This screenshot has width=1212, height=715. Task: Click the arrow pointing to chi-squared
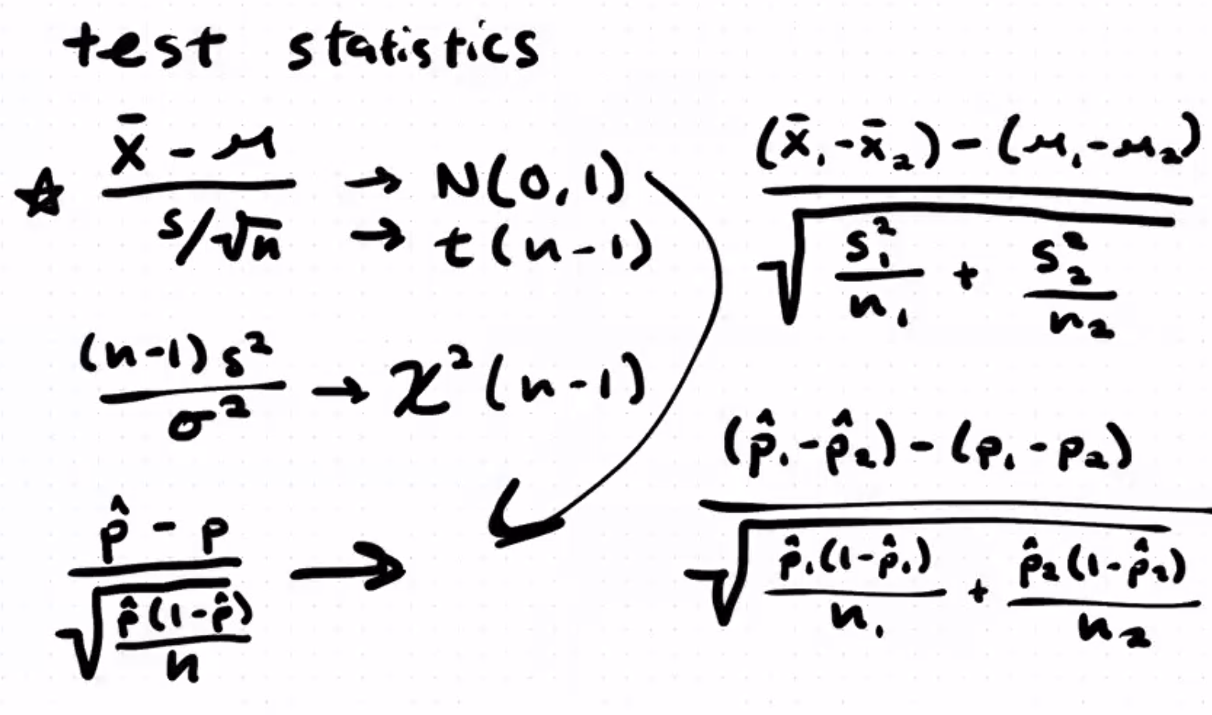tap(340, 389)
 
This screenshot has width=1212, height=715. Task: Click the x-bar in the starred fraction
tap(128, 148)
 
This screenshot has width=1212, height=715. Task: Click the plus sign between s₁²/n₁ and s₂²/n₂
tap(967, 276)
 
